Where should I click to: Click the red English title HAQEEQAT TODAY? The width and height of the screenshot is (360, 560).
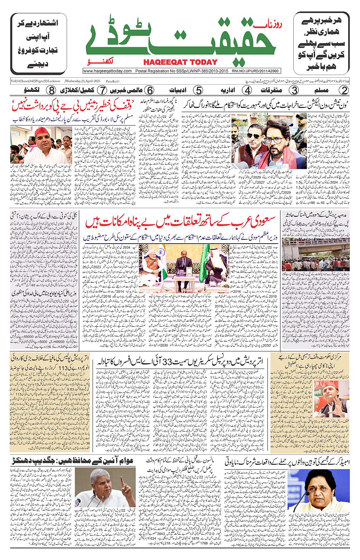tap(180, 62)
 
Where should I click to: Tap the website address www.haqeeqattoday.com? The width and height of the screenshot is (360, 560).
tap(107, 71)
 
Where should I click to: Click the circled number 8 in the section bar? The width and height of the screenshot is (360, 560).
tap(51, 90)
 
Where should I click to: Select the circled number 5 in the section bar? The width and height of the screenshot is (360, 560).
tap(198, 90)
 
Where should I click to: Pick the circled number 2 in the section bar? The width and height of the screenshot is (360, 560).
tap(344, 90)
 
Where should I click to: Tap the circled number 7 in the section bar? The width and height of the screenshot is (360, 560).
tap(102, 90)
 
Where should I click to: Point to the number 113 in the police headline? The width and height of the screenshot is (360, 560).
tap(63, 368)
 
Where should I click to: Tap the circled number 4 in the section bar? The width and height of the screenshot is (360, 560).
tap(248, 90)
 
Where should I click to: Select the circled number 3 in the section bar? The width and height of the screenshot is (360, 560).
tap(294, 90)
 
